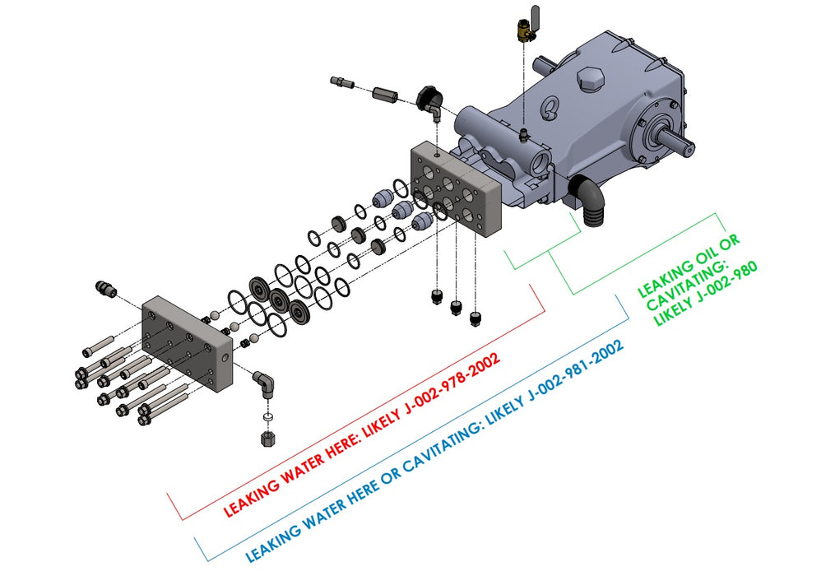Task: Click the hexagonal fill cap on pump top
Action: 590,79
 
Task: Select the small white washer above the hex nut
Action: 267,417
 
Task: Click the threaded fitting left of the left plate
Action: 105,288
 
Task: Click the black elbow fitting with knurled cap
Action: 430,103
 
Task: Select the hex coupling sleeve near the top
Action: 385,95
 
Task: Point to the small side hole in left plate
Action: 225,358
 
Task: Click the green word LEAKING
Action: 666,276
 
